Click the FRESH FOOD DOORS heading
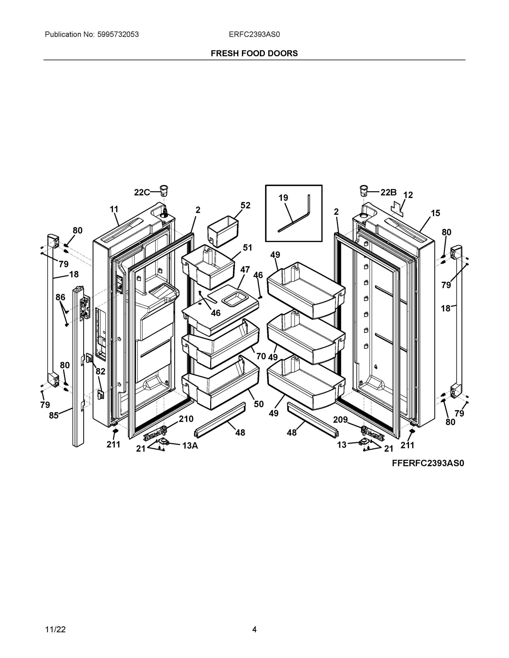[254, 53]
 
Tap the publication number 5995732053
[118, 34]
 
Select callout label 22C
[142, 192]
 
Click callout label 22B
[388, 192]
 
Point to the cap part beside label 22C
[164, 190]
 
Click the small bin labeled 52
[223, 231]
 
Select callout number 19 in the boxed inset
[283, 198]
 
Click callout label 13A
[190, 446]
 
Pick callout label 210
[186, 418]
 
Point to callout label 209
[341, 419]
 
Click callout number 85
[54, 415]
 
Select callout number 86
[60, 297]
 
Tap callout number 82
[100, 371]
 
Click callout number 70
[261, 356]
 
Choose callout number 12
[408, 195]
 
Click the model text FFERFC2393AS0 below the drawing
[428, 463]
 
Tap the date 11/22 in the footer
[55, 629]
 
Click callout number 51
[248, 248]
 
